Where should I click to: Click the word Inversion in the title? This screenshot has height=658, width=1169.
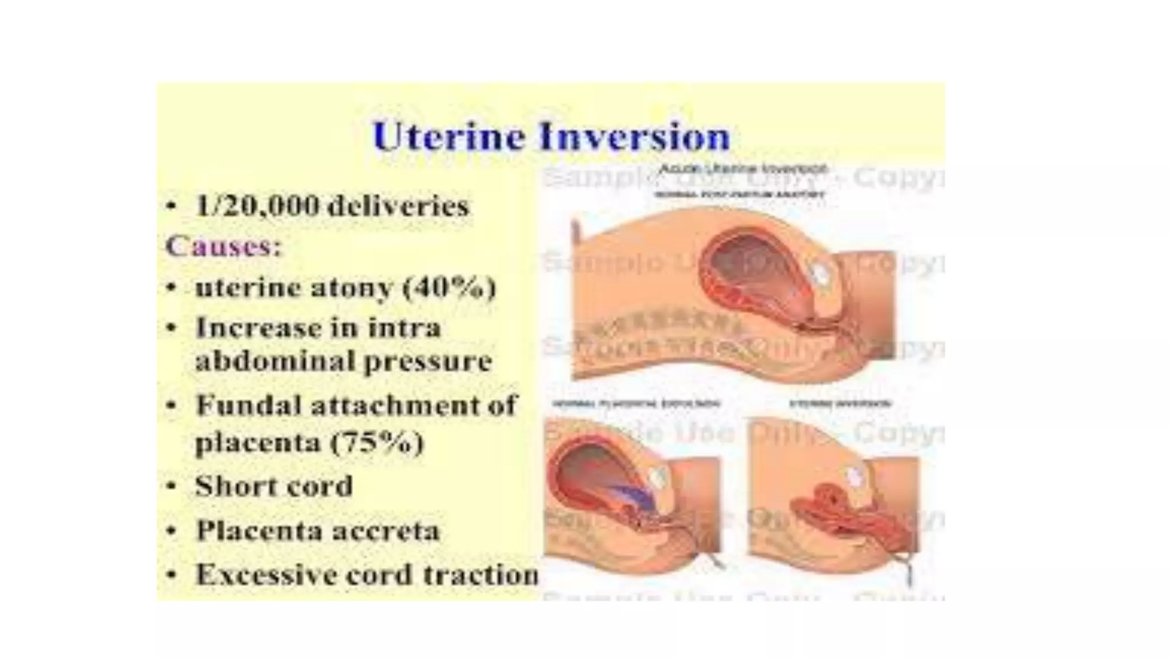634,137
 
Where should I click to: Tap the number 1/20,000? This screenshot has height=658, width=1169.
257,206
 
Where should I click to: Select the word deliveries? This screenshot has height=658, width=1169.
398,206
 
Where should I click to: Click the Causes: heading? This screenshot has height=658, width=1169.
223,247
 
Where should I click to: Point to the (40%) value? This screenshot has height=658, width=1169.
449,287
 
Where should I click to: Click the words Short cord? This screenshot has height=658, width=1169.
274,487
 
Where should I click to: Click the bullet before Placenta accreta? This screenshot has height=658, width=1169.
171,531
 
